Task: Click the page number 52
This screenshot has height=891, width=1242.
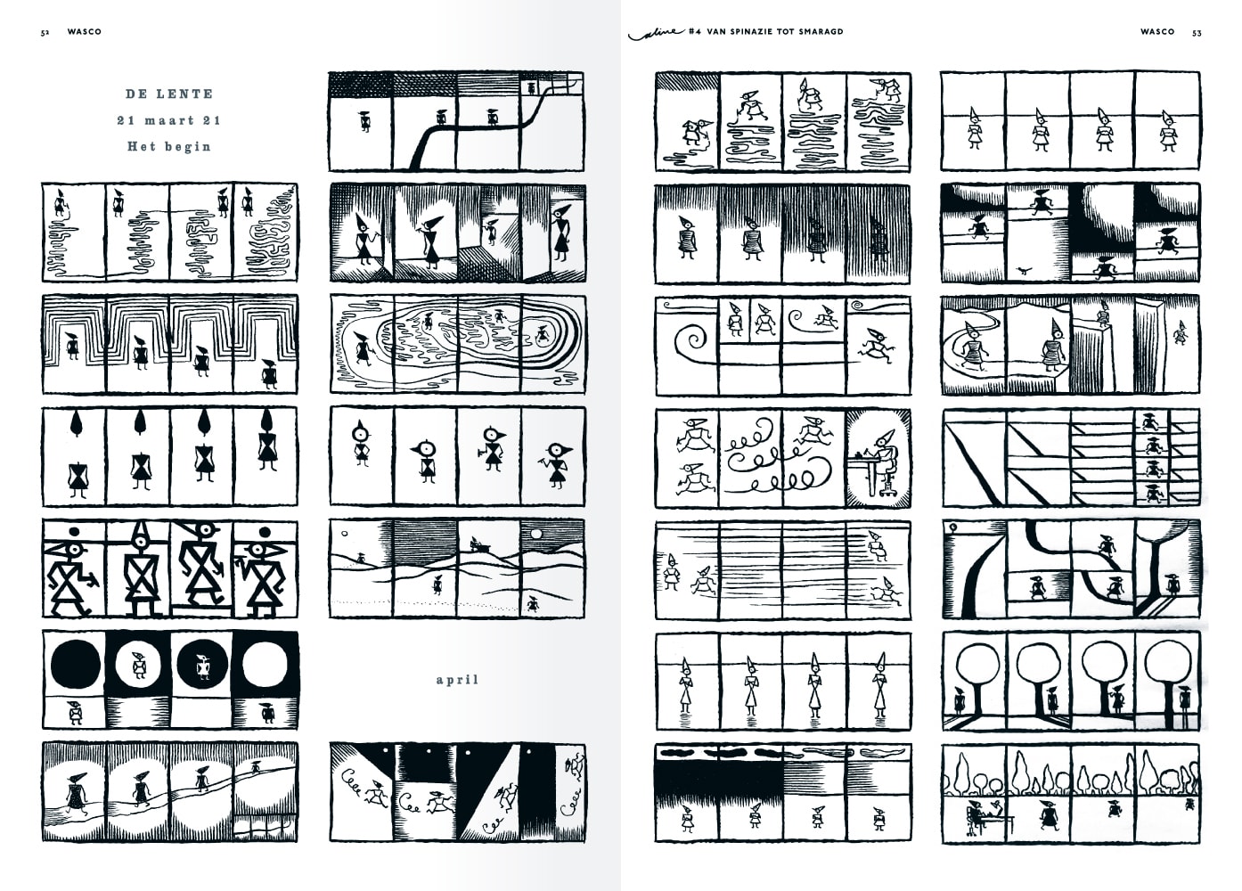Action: click(45, 33)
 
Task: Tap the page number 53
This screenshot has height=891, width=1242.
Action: click(1197, 33)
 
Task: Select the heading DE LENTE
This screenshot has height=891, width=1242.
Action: click(169, 94)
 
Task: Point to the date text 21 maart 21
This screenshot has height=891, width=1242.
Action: click(168, 120)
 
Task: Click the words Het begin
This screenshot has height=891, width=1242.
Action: click(169, 146)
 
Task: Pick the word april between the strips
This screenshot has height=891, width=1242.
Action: click(457, 680)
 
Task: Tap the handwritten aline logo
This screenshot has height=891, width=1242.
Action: click(656, 33)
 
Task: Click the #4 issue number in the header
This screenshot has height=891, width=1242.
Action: click(695, 31)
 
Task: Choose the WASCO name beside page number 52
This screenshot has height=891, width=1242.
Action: click(85, 31)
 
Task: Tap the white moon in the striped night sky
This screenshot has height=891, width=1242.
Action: click(536, 534)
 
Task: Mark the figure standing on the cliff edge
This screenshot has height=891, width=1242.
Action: click(1103, 314)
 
